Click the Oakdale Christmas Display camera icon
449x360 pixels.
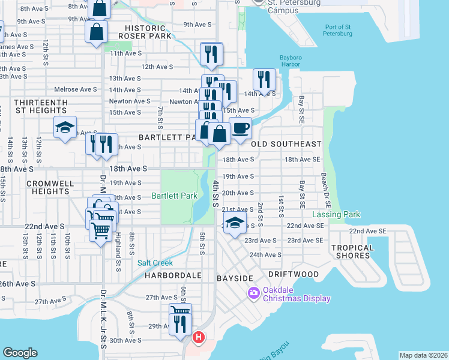(x=253, y=292)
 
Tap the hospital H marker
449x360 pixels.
(x=197, y=338)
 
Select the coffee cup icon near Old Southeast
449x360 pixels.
(x=240, y=128)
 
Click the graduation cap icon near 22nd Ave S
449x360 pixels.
(x=235, y=223)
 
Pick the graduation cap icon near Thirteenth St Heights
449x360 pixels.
(x=65, y=127)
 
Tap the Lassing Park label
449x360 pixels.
(x=336, y=214)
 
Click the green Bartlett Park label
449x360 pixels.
(x=175, y=196)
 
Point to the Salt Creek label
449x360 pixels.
(x=155, y=263)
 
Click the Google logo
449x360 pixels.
(x=20, y=353)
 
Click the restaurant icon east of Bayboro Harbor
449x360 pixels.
(x=264, y=79)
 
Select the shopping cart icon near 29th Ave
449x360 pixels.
(x=179, y=311)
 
